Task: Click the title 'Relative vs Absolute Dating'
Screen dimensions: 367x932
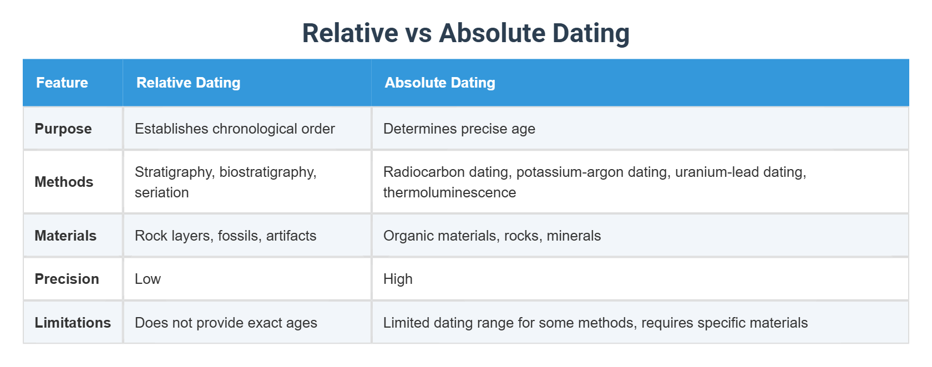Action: pyautogui.click(x=465, y=33)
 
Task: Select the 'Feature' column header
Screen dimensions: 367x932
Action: pyautogui.click(x=62, y=83)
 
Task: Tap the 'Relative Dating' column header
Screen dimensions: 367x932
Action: pyautogui.click(x=188, y=83)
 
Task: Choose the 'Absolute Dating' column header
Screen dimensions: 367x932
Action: pyautogui.click(x=440, y=83)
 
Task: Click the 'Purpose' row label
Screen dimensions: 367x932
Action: pyautogui.click(x=63, y=129)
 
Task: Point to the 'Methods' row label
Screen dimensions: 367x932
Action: pyautogui.click(x=64, y=182)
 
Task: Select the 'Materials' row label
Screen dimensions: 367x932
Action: pyautogui.click(x=65, y=236)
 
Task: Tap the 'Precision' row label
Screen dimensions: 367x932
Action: pyautogui.click(x=67, y=279)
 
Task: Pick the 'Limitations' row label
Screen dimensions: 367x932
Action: pyautogui.click(x=73, y=323)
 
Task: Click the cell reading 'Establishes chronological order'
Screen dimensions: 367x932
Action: pyautogui.click(x=235, y=129)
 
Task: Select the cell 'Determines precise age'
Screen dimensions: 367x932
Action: pyautogui.click(x=459, y=129)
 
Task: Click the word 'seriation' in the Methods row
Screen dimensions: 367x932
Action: pyautogui.click(x=162, y=192)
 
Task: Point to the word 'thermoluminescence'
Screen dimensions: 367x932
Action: pyautogui.click(x=449, y=192)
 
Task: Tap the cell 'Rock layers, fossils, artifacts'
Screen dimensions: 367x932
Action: pyautogui.click(x=225, y=236)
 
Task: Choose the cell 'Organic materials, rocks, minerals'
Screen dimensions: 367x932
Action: pyautogui.click(x=492, y=236)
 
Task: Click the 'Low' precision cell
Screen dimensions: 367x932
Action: pyautogui.click(x=148, y=279)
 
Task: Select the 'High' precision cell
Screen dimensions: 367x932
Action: pyautogui.click(x=398, y=279)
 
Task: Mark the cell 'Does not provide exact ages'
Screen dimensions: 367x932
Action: pyautogui.click(x=226, y=323)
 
